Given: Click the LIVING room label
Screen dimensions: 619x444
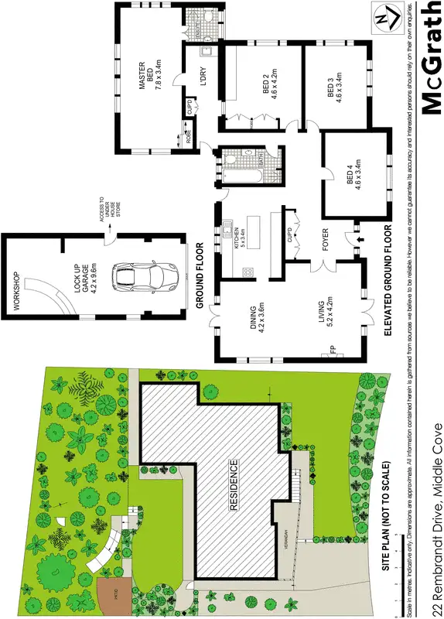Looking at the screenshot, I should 323,312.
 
